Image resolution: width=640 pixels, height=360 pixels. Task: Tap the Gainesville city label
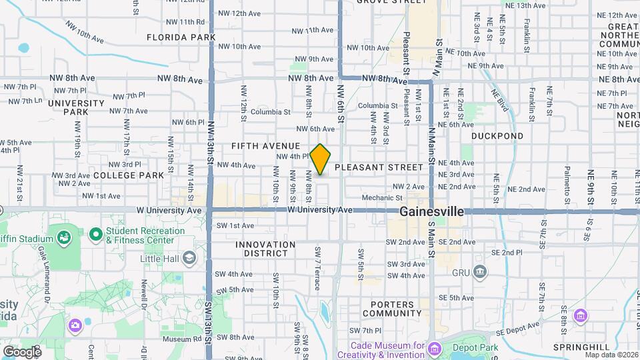point(432,211)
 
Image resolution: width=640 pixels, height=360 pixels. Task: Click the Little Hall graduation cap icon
point(189,258)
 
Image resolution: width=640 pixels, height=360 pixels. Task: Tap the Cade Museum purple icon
point(435,349)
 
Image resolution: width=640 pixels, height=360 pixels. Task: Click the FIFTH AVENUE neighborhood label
point(266,145)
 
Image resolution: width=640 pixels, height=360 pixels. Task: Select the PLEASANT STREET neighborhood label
point(379,167)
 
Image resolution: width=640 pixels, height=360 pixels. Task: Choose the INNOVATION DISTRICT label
point(265,249)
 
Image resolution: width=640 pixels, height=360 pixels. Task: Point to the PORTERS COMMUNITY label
point(389,309)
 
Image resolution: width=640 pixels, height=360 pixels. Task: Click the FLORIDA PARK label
point(181,37)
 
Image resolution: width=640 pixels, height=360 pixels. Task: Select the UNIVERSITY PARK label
point(76,107)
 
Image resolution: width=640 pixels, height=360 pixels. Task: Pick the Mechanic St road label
point(382,198)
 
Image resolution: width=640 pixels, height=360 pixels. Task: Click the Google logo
point(21,351)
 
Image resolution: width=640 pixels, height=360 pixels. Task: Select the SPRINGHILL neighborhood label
point(581,347)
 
